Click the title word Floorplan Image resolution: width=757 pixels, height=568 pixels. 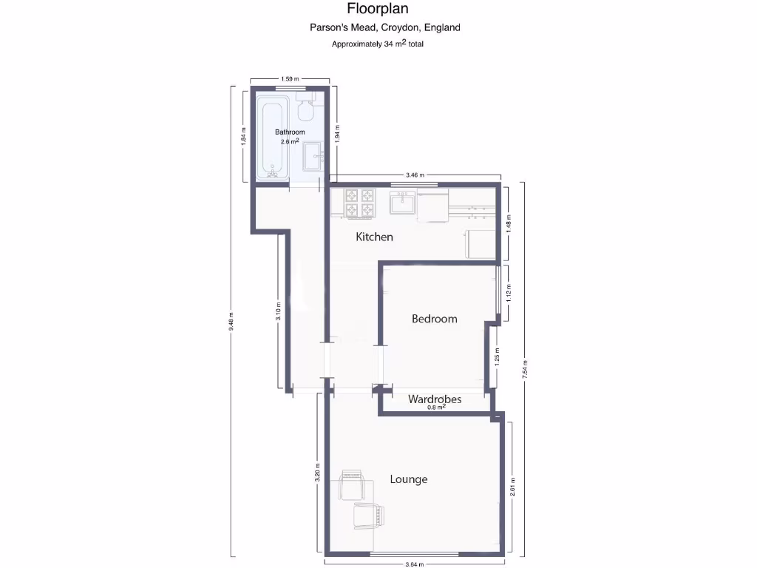378,9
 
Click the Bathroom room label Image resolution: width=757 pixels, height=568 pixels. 290,132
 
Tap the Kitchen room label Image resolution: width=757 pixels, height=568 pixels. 374,237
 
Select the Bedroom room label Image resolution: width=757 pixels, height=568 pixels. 434,319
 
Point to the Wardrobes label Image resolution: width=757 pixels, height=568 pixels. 435,399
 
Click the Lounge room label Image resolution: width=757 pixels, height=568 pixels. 409,479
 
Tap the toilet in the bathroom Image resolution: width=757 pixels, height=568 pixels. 305,109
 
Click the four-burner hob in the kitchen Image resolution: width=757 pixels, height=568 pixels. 360,203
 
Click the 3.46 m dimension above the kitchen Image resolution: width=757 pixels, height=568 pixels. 415,175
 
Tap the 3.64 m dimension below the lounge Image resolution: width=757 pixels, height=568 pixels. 415,564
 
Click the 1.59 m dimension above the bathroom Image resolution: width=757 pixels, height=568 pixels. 290,79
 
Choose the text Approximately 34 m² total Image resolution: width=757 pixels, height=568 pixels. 377,44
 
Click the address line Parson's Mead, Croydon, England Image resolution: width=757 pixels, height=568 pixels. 384,27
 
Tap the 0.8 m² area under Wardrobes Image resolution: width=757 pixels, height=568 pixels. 435,408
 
